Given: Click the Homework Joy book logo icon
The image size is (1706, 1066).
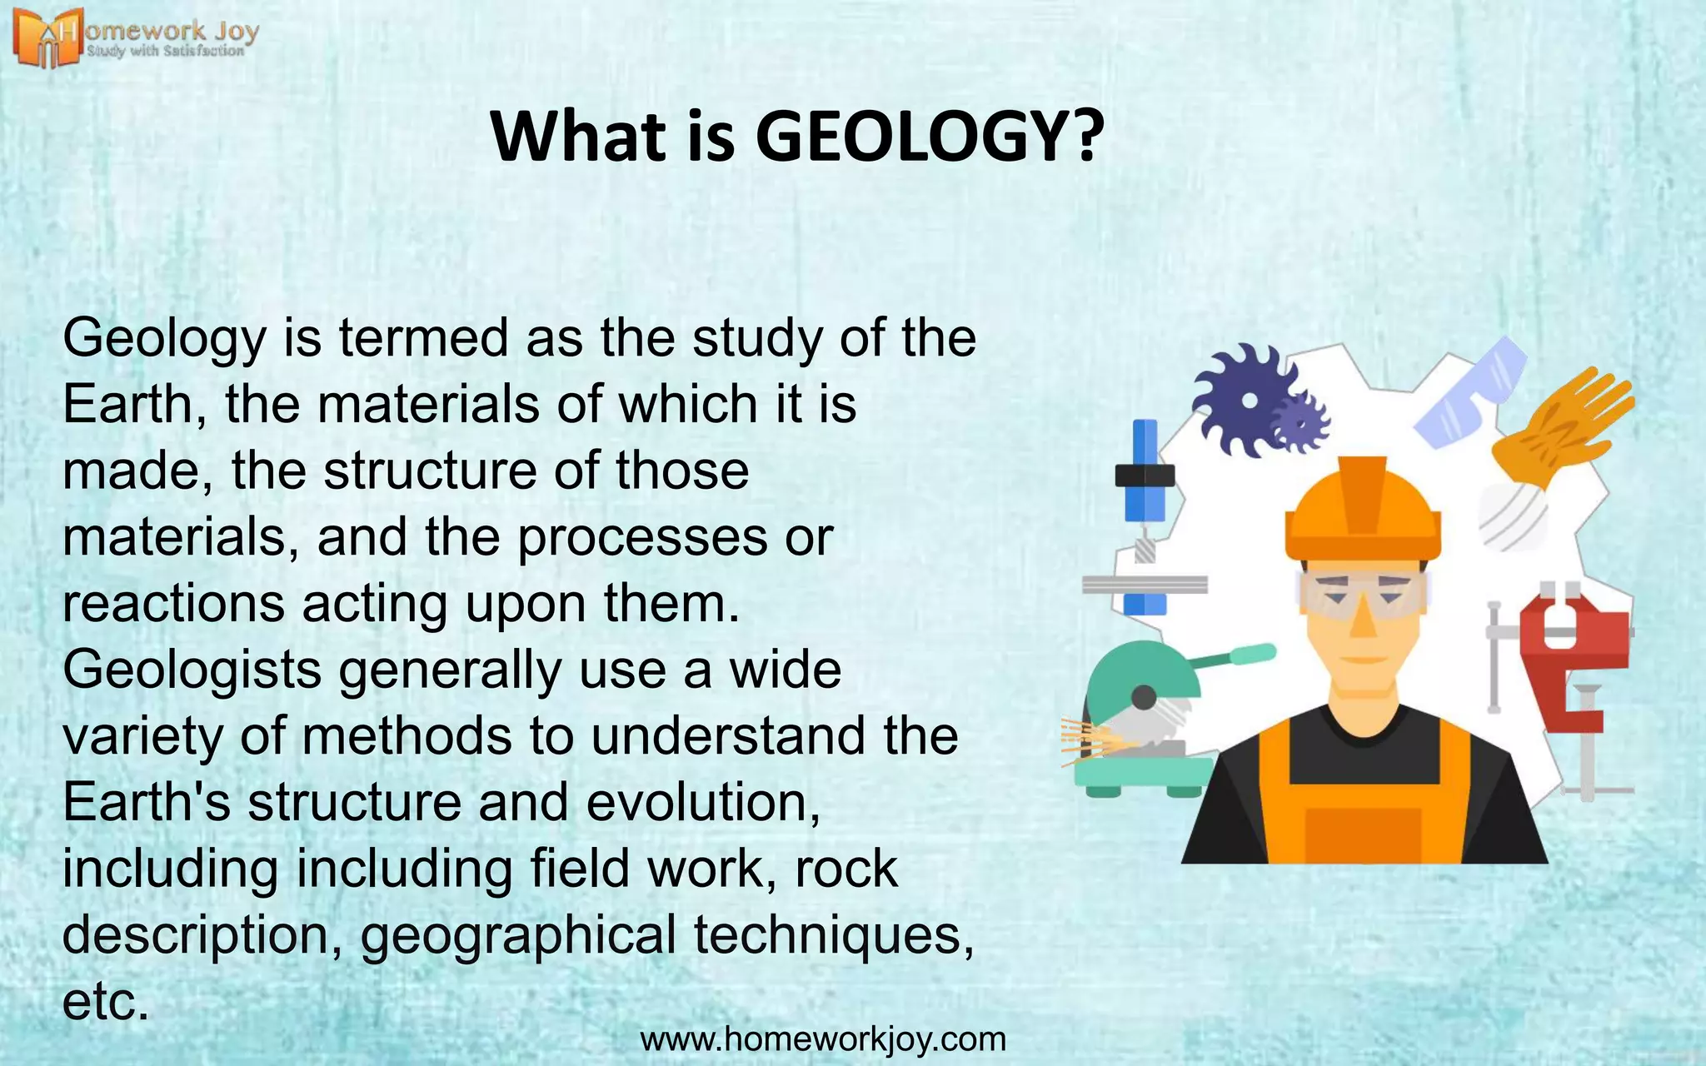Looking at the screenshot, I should click(47, 38).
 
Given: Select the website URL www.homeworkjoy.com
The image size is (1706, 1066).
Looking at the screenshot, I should click(823, 1039).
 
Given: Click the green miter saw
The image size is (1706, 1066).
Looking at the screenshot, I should click(1145, 716).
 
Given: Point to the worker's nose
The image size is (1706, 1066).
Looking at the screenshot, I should click(1363, 620).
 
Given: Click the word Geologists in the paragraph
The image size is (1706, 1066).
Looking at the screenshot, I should click(192, 670).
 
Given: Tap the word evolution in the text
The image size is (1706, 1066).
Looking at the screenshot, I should click(703, 803).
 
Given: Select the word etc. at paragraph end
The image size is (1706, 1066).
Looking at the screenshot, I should click(105, 1002).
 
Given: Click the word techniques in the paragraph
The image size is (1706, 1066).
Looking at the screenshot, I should click(834, 935).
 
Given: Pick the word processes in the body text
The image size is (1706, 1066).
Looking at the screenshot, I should click(641, 538).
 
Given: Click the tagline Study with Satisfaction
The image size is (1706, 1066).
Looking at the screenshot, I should click(166, 52).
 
